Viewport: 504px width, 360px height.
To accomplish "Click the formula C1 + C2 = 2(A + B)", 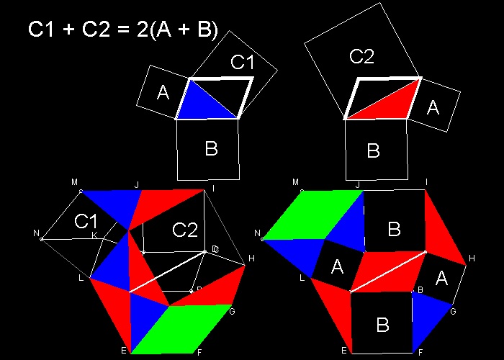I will pos(123,30).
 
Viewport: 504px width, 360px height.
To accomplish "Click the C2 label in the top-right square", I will pos(361,56).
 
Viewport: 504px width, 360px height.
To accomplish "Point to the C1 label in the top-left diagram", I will pos(243,63).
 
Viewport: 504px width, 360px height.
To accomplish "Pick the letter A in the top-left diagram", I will pos(162,92).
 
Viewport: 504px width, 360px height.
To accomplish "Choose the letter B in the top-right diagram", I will pos(373,151).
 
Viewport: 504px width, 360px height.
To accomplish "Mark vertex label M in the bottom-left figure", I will pos(74,183).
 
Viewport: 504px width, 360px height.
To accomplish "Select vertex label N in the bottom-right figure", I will pos(257,233).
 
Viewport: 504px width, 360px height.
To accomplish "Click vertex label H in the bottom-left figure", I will pos(251,258).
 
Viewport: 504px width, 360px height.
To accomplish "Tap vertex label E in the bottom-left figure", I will pos(124,351).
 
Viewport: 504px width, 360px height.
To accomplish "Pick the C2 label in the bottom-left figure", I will pos(185,230).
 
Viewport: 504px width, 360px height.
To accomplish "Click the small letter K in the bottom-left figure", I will pos(94,235).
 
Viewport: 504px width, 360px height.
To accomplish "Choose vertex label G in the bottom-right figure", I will pos(453,311).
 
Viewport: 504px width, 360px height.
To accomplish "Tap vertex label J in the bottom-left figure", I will pos(137,185).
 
